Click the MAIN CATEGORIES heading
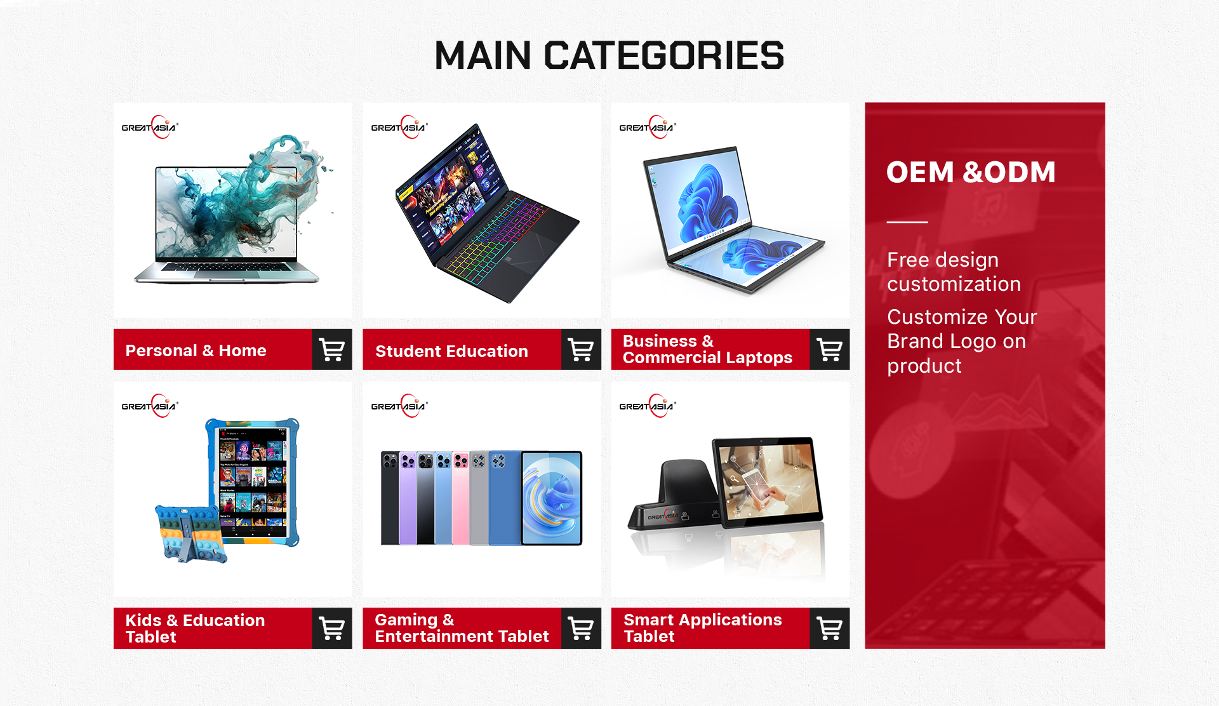609,55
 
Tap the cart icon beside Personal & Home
332,349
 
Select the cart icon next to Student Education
581,349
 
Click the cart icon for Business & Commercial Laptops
830,349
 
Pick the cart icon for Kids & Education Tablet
332,628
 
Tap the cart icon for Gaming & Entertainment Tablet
581,628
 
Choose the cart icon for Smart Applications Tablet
830,628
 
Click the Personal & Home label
196,350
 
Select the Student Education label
451,351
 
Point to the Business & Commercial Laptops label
707,349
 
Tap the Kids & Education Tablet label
195,629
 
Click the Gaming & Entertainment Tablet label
462,628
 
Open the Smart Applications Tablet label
702,628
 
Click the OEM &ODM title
971,172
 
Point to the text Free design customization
954,272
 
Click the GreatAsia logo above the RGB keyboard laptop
399,127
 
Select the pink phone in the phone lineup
460,498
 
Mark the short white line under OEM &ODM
907,222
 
